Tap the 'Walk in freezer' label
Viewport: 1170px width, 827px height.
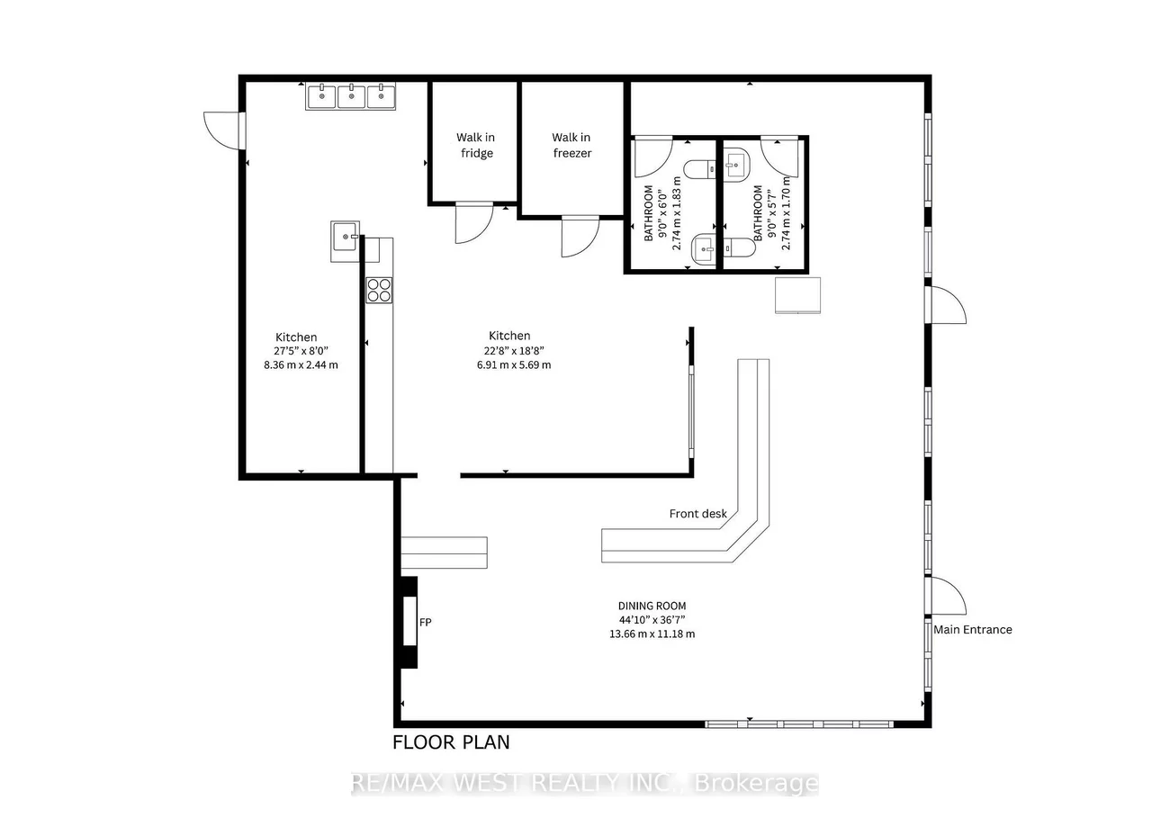click(571, 145)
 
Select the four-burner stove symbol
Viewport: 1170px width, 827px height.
click(379, 290)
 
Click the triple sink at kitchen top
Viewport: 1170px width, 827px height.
click(352, 96)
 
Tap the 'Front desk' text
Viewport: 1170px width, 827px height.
click(697, 514)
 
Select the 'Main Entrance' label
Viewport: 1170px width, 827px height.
click(972, 630)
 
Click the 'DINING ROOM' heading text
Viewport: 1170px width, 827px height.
click(652, 607)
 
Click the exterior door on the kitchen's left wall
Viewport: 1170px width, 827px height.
click(223, 130)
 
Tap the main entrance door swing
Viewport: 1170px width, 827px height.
click(947, 596)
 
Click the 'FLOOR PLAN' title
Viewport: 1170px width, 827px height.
click(451, 742)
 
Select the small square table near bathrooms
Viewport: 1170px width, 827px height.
click(799, 295)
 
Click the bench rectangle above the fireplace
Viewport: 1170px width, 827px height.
click(444, 553)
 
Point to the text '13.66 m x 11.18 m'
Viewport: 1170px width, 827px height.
click(652, 634)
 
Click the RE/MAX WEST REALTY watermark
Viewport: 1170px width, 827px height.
click(585, 784)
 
